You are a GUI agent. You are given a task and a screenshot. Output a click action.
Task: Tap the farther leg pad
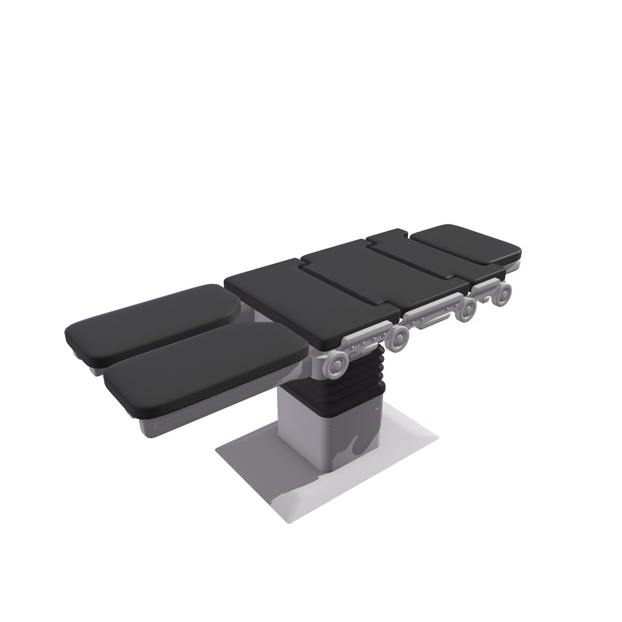pos(153,320)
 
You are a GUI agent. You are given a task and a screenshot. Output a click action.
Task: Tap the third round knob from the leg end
pos(466,310)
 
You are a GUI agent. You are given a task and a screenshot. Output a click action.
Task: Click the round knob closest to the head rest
pos(503,294)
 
